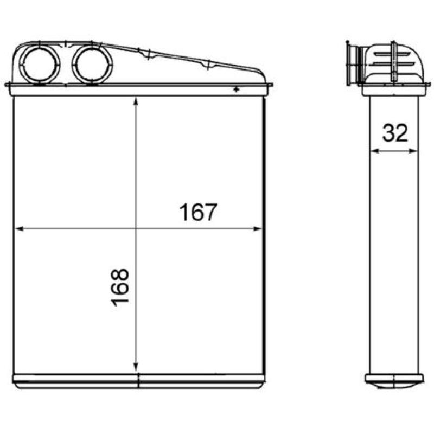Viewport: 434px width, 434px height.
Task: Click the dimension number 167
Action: [197, 212]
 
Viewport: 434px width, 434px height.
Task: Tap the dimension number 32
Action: [395, 132]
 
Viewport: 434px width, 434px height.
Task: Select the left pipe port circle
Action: [40, 65]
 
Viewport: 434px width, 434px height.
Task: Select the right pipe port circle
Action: [92, 64]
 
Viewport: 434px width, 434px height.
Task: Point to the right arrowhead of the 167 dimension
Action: [257, 228]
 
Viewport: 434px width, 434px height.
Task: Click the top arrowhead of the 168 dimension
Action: [136, 101]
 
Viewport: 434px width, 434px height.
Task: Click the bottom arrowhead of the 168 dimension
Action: [136, 367]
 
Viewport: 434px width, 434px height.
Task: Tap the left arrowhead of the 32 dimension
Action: [374, 151]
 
